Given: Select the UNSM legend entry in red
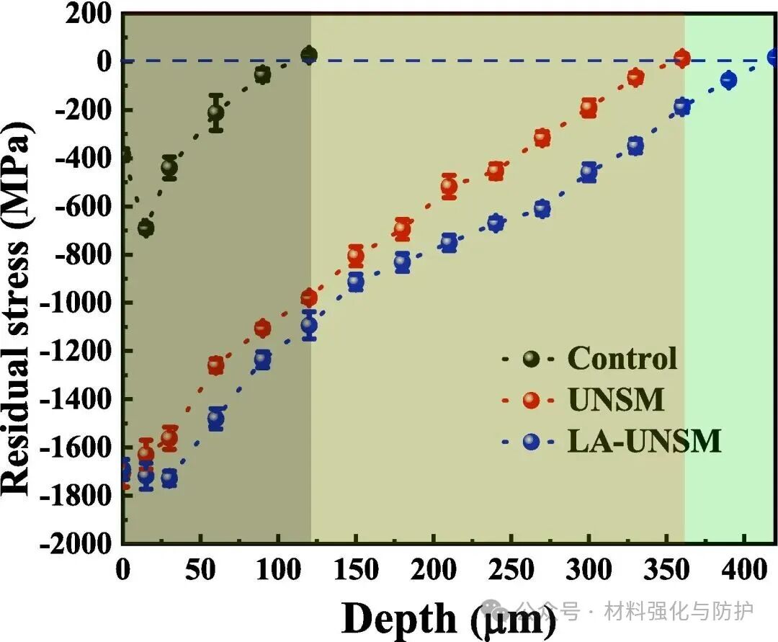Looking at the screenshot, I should click(x=616, y=400).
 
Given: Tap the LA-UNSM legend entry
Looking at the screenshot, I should click(x=644, y=441).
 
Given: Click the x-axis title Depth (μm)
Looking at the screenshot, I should click(x=447, y=617).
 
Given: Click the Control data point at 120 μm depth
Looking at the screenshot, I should click(x=309, y=55).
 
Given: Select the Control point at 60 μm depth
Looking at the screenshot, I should click(x=215, y=112).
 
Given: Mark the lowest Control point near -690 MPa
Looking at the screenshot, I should click(x=146, y=228).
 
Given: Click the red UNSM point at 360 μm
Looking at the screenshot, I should click(x=681, y=58).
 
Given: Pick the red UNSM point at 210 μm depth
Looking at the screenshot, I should click(x=449, y=187).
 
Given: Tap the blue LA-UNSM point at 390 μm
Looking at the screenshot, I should click(x=728, y=80).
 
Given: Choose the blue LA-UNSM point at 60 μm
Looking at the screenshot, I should click(x=215, y=418).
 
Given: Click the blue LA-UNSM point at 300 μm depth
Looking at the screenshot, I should click(x=589, y=171).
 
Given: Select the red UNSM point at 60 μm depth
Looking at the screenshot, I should click(x=215, y=365).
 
